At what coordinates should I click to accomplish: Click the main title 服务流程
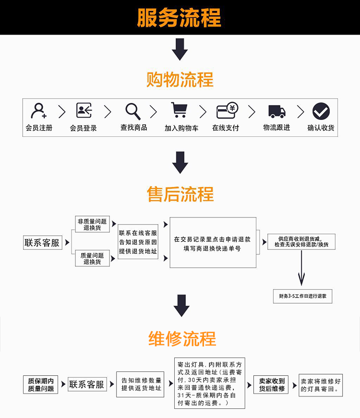(x=180, y=18)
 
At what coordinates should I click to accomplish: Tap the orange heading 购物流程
(x=180, y=80)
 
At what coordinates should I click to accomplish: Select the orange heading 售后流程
(x=180, y=194)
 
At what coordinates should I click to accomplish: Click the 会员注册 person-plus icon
(x=38, y=111)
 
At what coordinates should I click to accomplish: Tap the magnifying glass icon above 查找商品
(x=133, y=111)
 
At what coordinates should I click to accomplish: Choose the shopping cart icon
(x=179, y=110)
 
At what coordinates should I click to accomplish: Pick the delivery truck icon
(x=276, y=112)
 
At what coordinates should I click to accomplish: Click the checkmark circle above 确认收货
(x=321, y=111)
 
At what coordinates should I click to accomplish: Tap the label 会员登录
(x=84, y=128)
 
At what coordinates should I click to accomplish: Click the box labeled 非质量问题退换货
(x=92, y=225)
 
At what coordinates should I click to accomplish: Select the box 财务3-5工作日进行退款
(x=302, y=296)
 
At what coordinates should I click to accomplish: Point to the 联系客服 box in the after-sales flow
(x=42, y=243)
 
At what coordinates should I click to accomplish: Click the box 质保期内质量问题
(x=41, y=385)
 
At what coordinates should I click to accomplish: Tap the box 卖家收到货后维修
(x=272, y=385)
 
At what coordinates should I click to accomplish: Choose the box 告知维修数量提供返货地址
(x=141, y=384)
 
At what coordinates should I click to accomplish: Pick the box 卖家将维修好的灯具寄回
(x=321, y=385)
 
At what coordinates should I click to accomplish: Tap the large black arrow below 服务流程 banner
(x=180, y=49)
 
